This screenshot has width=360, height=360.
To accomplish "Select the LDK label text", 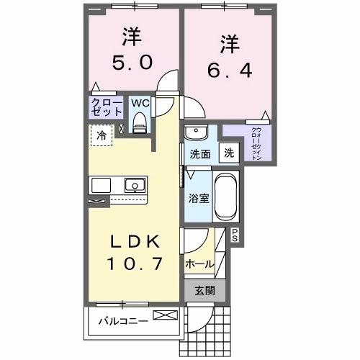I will coord(133,240).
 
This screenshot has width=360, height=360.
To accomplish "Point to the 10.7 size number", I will coord(133,264).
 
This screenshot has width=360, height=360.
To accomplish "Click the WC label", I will coord(139,102).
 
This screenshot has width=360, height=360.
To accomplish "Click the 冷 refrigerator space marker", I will coord(102,135).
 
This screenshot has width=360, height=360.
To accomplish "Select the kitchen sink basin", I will coord(134,186).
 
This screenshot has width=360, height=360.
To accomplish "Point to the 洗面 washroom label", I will coord(199,153).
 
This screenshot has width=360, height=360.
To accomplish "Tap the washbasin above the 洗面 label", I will coord(195,134).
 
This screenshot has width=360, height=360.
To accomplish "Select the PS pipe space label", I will coord(235,233).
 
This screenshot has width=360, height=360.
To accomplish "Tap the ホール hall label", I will coord(199,264).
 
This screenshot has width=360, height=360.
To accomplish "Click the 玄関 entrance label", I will coord(205,292).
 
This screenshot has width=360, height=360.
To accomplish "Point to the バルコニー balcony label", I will coord(123,320).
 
